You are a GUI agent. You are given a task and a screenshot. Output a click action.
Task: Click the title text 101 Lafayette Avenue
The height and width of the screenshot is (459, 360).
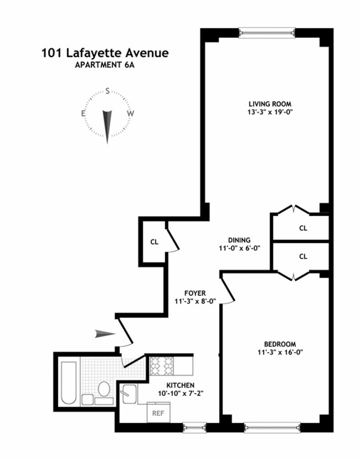(x=105, y=53)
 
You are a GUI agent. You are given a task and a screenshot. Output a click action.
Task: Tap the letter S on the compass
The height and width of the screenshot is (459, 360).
(x=107, y=92)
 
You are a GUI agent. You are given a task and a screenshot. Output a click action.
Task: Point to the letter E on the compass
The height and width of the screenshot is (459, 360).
(x=85, y=113)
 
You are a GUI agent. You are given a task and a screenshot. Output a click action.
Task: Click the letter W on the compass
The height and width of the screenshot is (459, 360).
(x=130, y=113)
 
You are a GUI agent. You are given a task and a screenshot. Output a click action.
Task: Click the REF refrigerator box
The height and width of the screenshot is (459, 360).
(x=158, y=413)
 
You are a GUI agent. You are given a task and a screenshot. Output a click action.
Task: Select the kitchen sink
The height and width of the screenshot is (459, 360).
(x=128, y=394)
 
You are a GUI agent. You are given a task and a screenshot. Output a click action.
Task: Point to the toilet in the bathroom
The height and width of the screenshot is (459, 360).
(x=103, y=390)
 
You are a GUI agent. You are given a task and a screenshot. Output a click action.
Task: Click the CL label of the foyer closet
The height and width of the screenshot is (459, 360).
(x=154, y=242)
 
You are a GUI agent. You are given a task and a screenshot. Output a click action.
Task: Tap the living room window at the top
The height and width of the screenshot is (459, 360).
(x=266, y=32)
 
